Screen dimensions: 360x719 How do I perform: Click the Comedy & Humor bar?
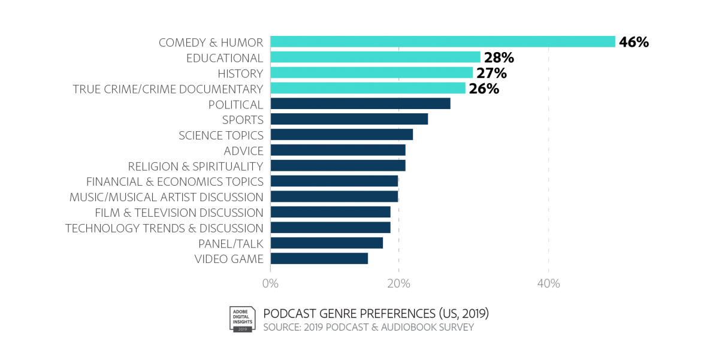443,41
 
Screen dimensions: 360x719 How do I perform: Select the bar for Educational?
376,57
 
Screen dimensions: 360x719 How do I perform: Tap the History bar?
371,72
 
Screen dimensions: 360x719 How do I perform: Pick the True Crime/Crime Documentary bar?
368,88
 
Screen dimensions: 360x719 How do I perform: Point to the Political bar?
361,104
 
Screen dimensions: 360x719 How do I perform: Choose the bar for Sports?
349,119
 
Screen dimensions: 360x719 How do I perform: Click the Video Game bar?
319,258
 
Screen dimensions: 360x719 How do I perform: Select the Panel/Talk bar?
327,243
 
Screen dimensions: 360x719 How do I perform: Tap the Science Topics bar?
342,134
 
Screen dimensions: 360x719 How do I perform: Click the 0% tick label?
270,283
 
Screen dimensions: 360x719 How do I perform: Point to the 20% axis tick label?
399,283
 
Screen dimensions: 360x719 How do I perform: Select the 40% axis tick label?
549,283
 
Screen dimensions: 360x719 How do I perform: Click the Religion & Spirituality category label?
196,166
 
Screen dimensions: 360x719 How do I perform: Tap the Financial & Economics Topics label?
175,181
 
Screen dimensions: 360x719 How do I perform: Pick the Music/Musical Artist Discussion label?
167,197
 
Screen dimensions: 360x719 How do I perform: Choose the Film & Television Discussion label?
179,213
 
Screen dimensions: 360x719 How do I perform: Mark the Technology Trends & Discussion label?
164,228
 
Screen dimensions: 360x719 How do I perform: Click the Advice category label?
243,150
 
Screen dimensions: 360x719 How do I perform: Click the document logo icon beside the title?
241,319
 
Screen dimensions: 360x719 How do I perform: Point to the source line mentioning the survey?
368,328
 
